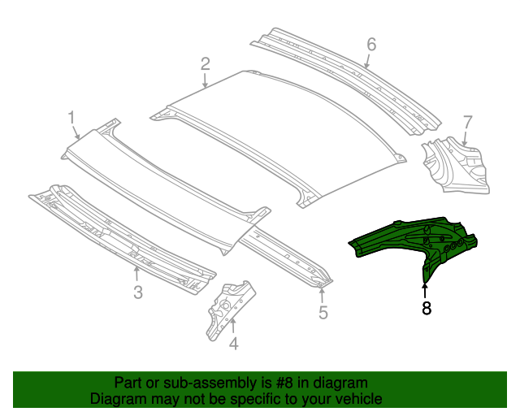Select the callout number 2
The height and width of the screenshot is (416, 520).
pos(206,63)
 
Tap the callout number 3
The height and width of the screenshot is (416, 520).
pos(138,291)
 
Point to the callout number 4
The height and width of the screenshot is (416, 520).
pos(234,344)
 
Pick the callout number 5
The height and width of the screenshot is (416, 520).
pos(323,312)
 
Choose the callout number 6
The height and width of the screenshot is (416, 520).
pos(371,45)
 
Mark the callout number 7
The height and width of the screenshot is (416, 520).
pos(467,123)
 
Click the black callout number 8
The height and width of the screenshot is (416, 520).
pos(425,309)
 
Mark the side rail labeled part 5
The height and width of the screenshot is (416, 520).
pos(288,256)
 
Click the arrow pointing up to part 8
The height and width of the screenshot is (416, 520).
pos(425,288)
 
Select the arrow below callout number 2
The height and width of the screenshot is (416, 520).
pos(206,80)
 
